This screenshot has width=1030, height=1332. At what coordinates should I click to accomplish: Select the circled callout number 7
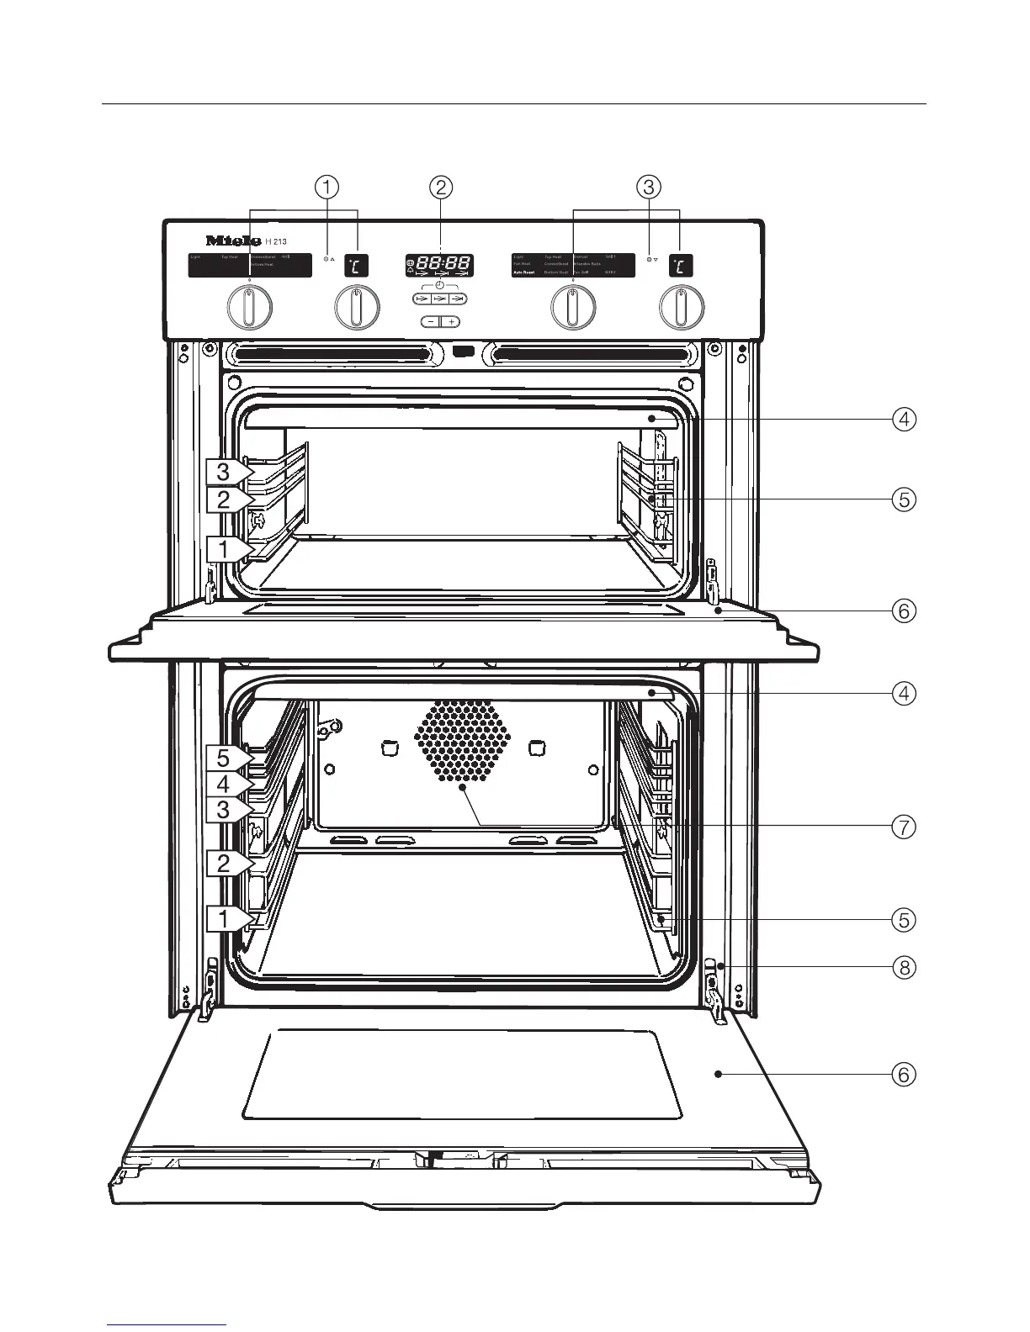(x=903, y=827)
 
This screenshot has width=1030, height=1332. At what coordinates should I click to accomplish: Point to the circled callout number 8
(x=903, y=967)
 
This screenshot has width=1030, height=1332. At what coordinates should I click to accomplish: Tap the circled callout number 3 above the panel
(x=649, y=187)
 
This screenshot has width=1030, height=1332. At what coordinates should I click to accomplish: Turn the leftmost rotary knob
(x=250, y=308)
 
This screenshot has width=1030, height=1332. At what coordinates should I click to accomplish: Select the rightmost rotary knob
(x=682, y=308)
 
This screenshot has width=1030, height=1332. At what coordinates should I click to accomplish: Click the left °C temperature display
(x=356, y=266)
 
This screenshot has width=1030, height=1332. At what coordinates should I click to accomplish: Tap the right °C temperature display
(x=681, y=266)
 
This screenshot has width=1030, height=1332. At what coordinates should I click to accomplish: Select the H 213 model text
(x=276, y=242)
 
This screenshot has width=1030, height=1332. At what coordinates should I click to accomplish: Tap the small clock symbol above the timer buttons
(x=439, y=286)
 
